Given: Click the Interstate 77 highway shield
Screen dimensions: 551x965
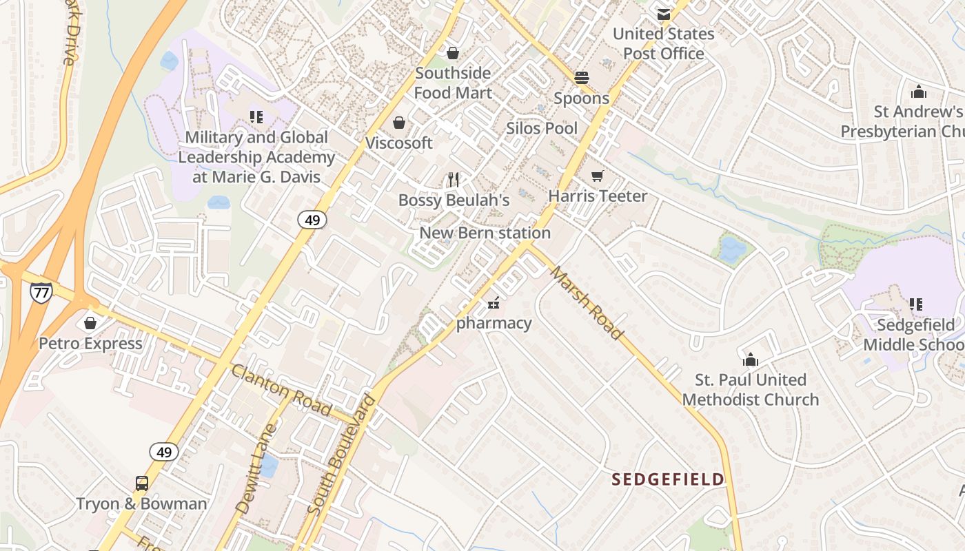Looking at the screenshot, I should pos(41,292).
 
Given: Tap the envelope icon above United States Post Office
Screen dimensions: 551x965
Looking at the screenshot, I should pos(663,14).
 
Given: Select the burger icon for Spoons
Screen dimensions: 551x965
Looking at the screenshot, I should pos(582,78).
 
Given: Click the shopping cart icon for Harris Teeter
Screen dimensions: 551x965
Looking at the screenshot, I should pos(598,176).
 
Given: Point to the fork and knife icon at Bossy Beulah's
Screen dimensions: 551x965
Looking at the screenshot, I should pos(453,180).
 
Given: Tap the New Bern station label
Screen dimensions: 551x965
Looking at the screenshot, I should pos(485,233).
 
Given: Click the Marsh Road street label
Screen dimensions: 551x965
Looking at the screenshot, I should pos(587,303).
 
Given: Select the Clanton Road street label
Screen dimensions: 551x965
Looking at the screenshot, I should pos(281,390).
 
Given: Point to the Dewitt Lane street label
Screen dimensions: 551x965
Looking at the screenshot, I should pos(256,468).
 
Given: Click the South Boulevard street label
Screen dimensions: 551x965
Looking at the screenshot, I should pos(342,454).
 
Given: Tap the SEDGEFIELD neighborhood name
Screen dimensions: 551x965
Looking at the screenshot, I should pos(668,479).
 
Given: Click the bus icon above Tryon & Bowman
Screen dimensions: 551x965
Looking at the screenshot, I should pos(141,484).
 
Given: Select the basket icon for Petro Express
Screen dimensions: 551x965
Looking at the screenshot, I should pos(90,323).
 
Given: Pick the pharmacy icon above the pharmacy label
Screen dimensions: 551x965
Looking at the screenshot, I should pos(494,303).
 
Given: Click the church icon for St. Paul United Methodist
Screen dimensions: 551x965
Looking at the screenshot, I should pos(750,360).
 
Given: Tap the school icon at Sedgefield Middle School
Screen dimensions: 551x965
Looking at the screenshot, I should pos(915,304).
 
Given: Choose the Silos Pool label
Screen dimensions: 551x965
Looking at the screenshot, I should pos(542,128).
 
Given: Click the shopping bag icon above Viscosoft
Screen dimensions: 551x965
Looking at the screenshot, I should pos(398,123).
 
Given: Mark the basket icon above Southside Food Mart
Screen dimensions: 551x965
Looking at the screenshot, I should pos(453,53).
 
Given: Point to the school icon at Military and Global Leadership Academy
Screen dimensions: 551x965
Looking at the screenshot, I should pos(256,117).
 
